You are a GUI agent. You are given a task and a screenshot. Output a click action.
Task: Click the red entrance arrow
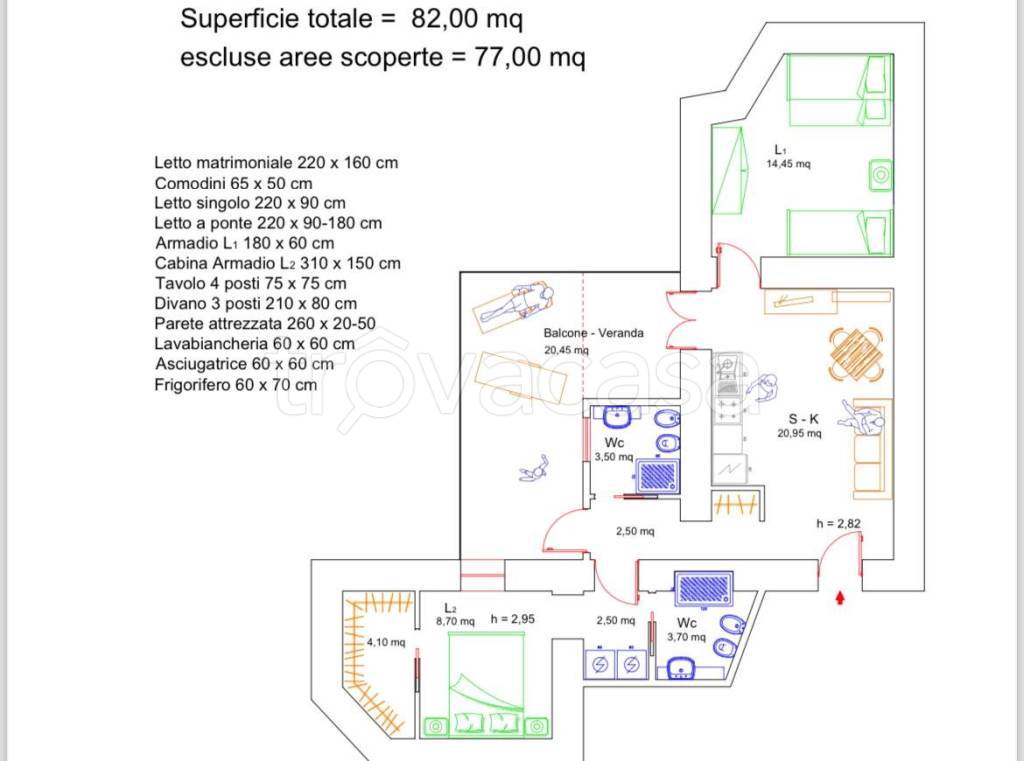click(x=841, y=598)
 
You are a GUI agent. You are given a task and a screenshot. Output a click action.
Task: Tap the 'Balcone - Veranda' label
click(x=594, y=333)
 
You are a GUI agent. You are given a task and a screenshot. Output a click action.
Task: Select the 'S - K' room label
click(x=799, y=418)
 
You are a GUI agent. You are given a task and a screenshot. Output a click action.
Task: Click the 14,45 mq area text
click(x=788, y=163)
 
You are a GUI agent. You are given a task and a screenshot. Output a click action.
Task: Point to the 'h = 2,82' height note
click(x=838, y=523)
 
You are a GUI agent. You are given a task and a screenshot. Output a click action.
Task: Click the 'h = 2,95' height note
click(x=513, y=619)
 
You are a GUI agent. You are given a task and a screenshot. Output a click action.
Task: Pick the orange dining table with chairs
click(x=856, y=354)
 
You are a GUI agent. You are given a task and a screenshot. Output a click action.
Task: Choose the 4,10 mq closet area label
click(x=386, y=642)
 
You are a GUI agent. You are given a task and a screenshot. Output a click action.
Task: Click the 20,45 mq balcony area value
click(x=566, y=351)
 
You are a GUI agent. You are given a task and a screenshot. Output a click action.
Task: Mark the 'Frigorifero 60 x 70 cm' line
click(x=236, y=384)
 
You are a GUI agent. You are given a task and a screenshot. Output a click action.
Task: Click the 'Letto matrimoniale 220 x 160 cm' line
click(x=277, y=162)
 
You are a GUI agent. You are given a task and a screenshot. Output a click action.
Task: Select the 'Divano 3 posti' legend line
click(x=256, y=303)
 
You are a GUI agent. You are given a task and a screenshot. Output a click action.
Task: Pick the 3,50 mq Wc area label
click(x=612, y=457)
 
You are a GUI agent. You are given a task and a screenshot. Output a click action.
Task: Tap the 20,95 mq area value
click(x=799, y=434)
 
